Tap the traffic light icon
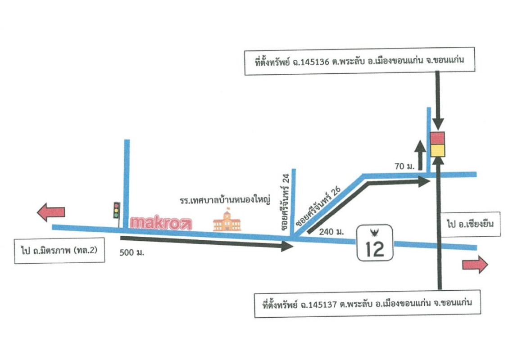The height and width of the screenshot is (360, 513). click(x=116, y=211)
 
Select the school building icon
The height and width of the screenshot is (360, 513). click(x=227, y=220)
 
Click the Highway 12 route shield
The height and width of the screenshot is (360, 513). click(x=374, y=243)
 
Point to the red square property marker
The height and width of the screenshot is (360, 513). click(x=437, y=138)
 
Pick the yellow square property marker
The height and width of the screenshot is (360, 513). click(x=437, y=150)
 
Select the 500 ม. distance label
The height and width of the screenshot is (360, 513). click(x=132, y=252)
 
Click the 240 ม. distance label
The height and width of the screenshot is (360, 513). click(x=331, y=233)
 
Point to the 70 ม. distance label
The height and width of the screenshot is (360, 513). click(x=404, y=167)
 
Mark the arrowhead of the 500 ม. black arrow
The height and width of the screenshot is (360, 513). click(x=287, y=246)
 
